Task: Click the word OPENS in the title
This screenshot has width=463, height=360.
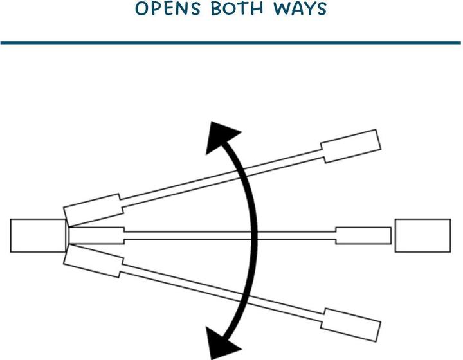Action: tap(168, 8)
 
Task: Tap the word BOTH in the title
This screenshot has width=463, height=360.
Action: tap(237, 8)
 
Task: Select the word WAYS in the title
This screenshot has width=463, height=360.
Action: tap(300, 8)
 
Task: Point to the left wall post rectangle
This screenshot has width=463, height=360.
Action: tap(38, 235)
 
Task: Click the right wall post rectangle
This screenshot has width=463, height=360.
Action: tap(423, 235)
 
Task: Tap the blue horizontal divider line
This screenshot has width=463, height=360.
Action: tap(231, 43)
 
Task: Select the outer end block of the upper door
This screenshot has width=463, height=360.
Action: tap(350, 146)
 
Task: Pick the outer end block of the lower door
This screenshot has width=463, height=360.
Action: tap(350, 325)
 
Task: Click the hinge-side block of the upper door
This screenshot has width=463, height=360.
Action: tap(93, 210)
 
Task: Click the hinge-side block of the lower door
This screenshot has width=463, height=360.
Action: tap(93, 262)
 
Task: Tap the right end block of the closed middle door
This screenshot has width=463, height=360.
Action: tap(363, 235)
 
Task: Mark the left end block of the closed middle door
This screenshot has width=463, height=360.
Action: tap(96, 235)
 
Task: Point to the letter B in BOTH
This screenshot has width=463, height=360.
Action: tap(217, 9)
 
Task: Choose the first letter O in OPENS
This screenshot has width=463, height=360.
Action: tap(141, 9)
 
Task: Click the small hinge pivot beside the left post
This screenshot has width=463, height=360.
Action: tap(68, 235)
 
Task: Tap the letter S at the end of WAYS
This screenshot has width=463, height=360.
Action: tap(322, 9)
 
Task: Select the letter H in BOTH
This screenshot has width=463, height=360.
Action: tap(257, 9)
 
